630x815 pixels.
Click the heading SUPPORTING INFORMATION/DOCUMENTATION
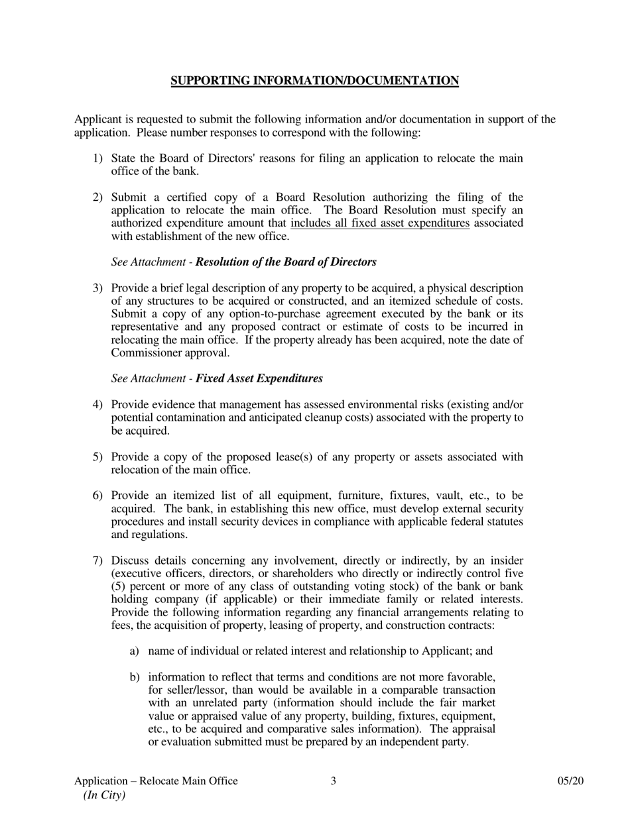coord(314,81)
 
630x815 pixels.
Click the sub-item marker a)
coord(134,651)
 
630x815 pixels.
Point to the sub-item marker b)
coord(134,677)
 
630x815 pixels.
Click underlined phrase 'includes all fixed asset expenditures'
coord(380,223)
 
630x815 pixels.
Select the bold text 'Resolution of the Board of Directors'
coord(286,262)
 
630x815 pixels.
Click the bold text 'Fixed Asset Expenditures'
coord(259,378)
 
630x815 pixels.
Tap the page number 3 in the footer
coord(333,781)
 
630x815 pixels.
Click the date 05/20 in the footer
coord(570,781)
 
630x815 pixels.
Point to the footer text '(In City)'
coord(104,795)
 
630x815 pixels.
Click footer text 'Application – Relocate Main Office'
coord(156,781)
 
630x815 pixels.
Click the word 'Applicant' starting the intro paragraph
coord(97,120)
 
